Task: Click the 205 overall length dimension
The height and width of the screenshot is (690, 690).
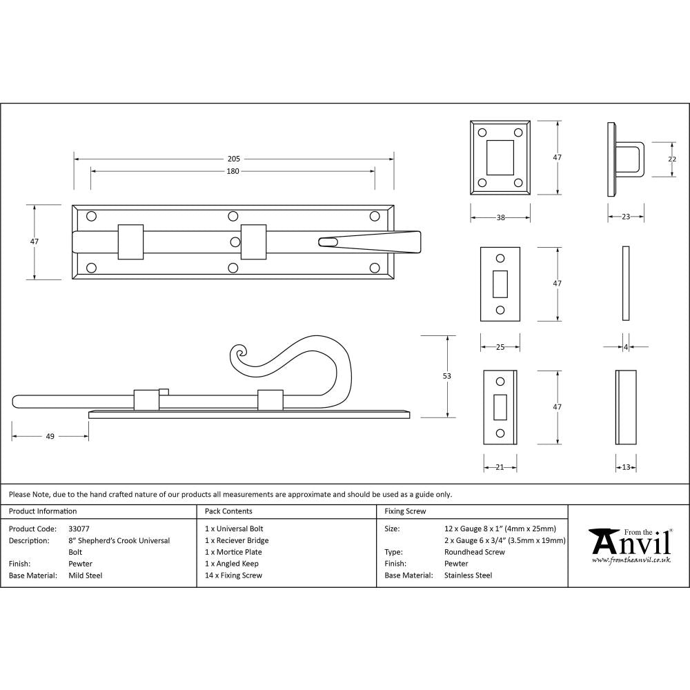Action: click(233, 159)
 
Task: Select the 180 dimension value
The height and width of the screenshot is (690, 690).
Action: click(233, 171)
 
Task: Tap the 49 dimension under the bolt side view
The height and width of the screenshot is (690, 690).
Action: click(50, 436)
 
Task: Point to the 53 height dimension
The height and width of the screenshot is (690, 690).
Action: click(446, 376)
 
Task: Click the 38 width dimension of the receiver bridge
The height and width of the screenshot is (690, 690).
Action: click(500, 217)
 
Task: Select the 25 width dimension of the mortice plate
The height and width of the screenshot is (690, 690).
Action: click(500, 347)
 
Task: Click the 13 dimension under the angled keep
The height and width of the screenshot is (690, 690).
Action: click(625, 467)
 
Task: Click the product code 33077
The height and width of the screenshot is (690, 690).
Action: click(79, 529)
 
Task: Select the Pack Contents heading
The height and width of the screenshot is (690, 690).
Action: click(228, 511)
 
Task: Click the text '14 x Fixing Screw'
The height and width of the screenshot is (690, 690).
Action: click(233, 575)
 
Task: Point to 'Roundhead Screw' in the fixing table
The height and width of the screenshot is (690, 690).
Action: click(475, 552)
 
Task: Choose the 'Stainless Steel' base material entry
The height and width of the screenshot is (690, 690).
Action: click(468, 575)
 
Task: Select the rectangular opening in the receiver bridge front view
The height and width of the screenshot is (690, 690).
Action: click(500, 157)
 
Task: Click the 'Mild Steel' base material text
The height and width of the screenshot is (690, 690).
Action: click(85, 575)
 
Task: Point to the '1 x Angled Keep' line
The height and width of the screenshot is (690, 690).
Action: click(232, 564)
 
